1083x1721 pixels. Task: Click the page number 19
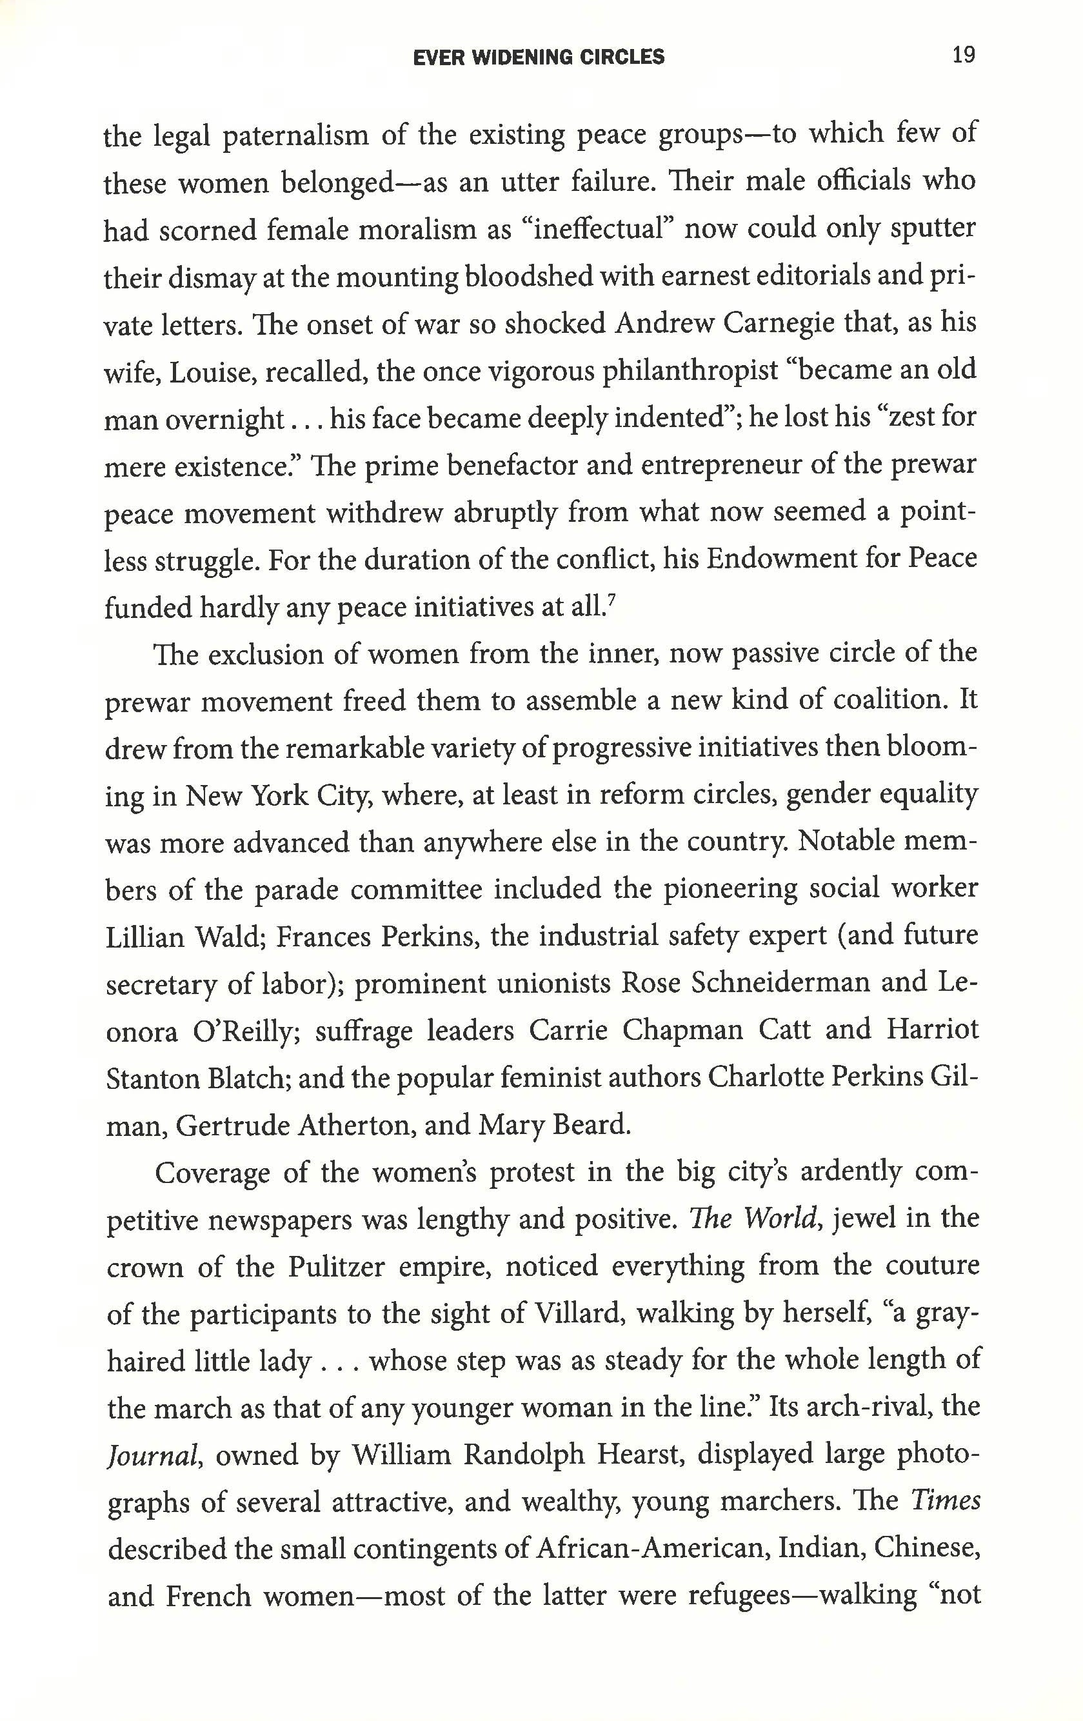(x=963, y=55)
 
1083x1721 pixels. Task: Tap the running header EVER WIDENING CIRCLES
(x=539, y=57)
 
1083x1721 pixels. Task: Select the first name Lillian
(x=144, y=936)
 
